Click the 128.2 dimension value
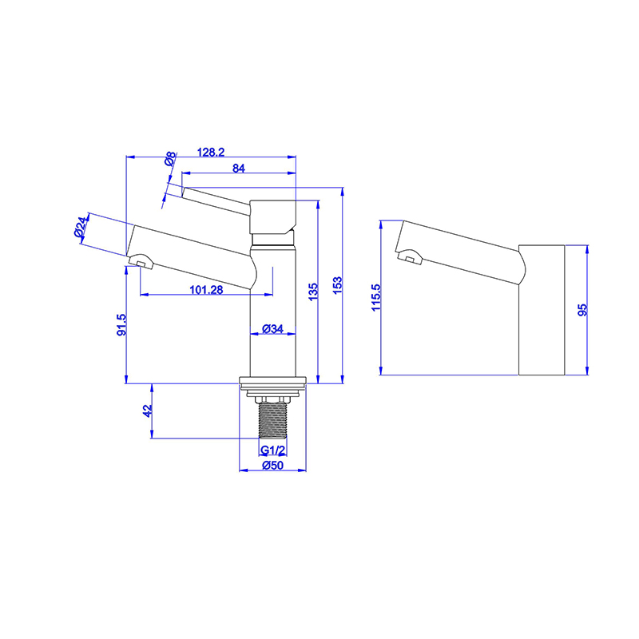212,150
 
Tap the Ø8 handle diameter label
170,160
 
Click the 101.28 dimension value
207,290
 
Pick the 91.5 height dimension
121,326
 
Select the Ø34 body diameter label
273,328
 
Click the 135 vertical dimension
313,289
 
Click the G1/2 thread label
273,450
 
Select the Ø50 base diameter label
273,467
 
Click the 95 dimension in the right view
583,309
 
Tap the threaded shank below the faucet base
273,419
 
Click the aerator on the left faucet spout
139,261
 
